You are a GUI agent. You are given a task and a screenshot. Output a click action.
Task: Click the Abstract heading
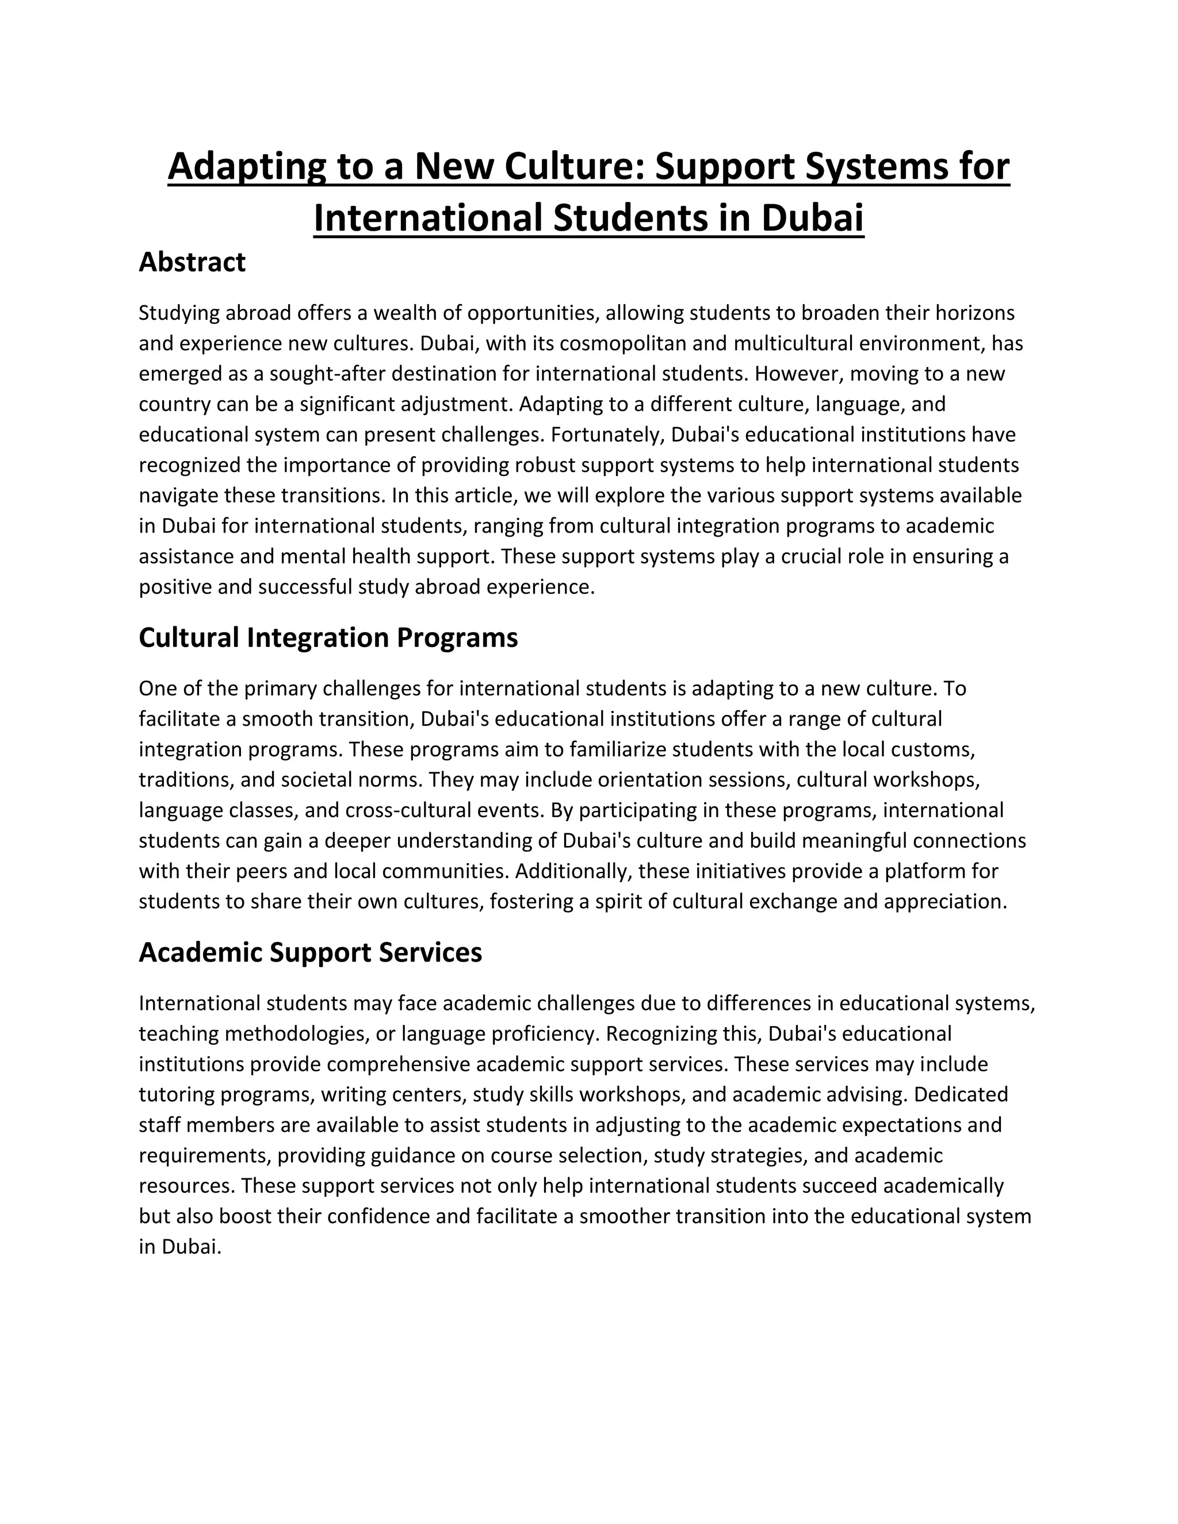point(192,262)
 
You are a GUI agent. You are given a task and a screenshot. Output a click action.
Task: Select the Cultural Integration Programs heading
point(328,637)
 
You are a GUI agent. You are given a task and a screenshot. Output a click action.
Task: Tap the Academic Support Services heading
point(310,952)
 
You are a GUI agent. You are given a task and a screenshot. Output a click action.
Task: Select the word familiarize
point(612,749)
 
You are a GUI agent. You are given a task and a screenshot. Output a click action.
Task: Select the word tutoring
point(177,1094)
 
